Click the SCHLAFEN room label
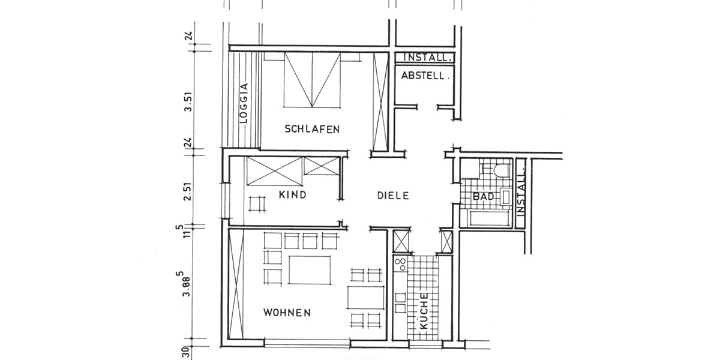313,129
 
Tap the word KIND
293,195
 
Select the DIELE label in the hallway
393,195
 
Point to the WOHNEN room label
287,313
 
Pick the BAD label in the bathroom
484,197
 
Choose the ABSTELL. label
425,76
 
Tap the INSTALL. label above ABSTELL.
427,58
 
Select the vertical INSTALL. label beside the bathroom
521,192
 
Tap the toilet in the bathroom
500,170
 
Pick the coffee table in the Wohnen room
310,270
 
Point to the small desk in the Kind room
257,203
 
